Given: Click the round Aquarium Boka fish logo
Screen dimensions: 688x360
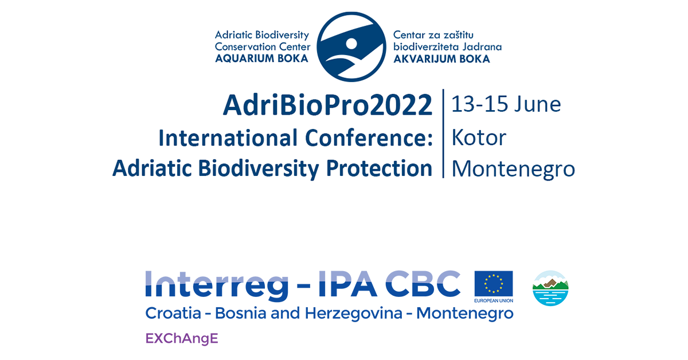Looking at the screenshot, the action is point(351,46).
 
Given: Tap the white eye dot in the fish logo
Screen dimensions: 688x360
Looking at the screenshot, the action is point(351,44).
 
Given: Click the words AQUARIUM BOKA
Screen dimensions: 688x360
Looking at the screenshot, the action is point(261,58).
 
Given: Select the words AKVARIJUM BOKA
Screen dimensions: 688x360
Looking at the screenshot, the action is point(441,58).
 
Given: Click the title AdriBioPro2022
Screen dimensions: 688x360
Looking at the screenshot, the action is point(328,105).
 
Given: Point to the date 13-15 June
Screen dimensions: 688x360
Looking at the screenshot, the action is point(506,104).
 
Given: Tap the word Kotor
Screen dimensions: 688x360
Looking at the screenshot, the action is point(479,138).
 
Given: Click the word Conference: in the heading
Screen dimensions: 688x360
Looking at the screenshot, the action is point(369,138).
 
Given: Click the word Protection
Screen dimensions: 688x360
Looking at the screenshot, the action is point(380,169).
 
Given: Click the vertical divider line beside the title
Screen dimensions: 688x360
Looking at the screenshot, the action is point(443,134).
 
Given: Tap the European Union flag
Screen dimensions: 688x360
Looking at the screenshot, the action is point(494,284).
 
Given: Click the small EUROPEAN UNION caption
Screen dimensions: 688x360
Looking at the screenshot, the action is point(494,300).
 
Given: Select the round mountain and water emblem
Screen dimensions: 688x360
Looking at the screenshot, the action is point(550,288).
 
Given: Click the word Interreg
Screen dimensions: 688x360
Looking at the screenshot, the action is point(217,284).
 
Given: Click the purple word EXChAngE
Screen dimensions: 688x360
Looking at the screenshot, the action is point(182,338).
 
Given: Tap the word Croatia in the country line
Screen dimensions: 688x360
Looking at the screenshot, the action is point(173,314).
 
